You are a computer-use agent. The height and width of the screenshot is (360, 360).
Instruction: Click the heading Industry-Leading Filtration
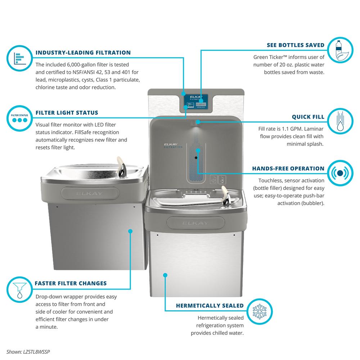83,53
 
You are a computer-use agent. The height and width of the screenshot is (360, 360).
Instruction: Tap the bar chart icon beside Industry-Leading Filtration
19,58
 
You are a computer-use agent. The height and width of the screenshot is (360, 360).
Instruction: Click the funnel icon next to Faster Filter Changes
19,290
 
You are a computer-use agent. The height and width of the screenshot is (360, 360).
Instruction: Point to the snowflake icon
260,311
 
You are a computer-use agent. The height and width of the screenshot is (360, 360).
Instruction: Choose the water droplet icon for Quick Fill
340,121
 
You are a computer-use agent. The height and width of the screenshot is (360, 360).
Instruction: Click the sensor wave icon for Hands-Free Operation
340,173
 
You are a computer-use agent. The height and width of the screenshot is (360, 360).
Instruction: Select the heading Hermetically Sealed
210,306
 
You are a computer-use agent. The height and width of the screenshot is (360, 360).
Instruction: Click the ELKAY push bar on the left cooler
90,193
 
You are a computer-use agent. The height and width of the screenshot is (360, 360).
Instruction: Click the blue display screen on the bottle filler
196,102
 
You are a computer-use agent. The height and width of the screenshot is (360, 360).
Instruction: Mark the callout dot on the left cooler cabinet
130,231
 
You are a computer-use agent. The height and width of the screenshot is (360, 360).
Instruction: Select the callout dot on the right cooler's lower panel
165,275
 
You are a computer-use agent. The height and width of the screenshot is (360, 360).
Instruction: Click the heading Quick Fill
308,117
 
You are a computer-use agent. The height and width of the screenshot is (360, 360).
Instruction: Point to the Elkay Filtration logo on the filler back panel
173,146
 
